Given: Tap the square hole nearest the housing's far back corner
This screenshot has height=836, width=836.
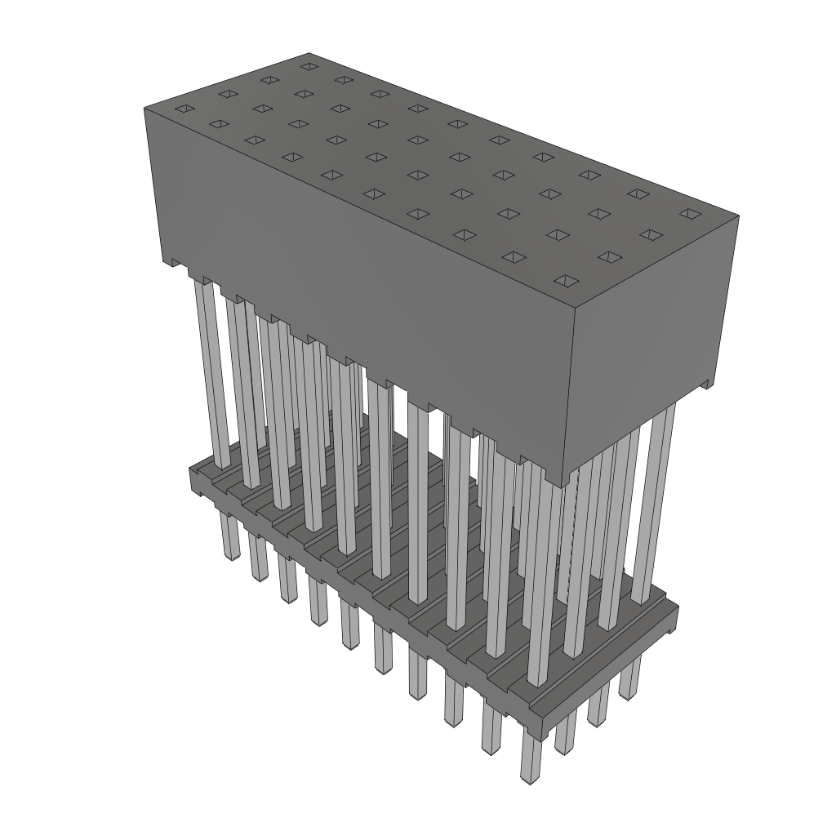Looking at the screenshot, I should (308, 66).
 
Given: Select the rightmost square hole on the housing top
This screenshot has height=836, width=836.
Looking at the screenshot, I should (690, 214).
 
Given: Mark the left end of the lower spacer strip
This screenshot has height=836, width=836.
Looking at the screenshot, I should (196, 478).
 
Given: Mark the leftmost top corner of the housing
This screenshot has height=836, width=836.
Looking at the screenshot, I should (145, 108).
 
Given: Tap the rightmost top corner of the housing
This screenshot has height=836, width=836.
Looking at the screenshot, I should (739, 216).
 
